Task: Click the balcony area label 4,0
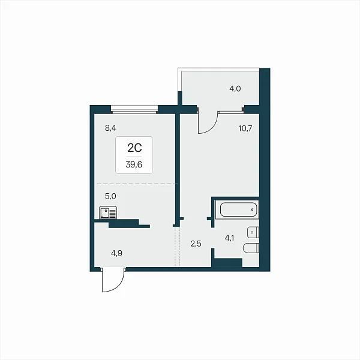point(235,89)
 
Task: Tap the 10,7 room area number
point(245,128)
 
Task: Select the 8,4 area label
point(110,128)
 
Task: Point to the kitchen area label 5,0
point(110,196)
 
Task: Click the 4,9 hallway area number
point(116,253)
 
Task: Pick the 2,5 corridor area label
point(196,244)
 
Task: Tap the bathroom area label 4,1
point(229,238)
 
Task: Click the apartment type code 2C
point(134,148)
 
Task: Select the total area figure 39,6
point(134,164)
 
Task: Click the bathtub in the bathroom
point(238,209)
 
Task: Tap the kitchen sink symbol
point(108,212)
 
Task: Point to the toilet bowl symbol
point(251,248)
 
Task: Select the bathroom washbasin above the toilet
point(253,232)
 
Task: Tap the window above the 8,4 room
point(134,109)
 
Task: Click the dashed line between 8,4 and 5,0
point(137,184)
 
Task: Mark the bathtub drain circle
point(253,209)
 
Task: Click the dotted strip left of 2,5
point(177,246)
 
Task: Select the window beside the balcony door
point(230,112)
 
